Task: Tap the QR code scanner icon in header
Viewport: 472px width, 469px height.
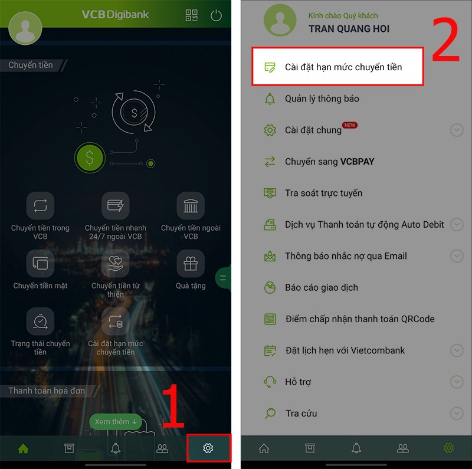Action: tap(191, 15)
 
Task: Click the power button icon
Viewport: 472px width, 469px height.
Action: tap(216, 15)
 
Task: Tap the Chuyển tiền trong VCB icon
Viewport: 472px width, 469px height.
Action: tap(40, 206)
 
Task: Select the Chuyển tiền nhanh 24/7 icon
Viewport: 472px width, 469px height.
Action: tap(116, 206)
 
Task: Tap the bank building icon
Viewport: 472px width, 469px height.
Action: tap(191, 206)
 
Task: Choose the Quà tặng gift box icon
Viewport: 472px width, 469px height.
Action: tap(191, 263)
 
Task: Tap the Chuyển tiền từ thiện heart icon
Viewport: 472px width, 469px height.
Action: tap(116, 263)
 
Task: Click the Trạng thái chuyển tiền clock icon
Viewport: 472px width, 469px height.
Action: tap(40, 321)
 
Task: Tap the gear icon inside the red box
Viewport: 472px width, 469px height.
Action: tap(208, 448)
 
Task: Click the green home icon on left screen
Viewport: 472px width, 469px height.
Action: tap(23, 448)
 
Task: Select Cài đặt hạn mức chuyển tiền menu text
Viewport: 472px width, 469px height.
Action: tap(343, 67)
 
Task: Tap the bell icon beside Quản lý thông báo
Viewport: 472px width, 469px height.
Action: tap(270, 99)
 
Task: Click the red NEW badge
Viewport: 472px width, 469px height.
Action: tap(349, 125)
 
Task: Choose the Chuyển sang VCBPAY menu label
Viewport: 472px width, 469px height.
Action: tap(330, 162)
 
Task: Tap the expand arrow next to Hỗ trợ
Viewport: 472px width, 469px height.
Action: tap(457, 382)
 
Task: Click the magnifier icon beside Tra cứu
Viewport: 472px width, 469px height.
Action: tap(270, 413)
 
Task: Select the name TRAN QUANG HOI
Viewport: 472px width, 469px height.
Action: tap(349, 29)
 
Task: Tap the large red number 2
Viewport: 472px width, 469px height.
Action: tap(446, 39)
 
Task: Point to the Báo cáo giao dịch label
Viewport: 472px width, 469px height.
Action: tap(322, 287)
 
